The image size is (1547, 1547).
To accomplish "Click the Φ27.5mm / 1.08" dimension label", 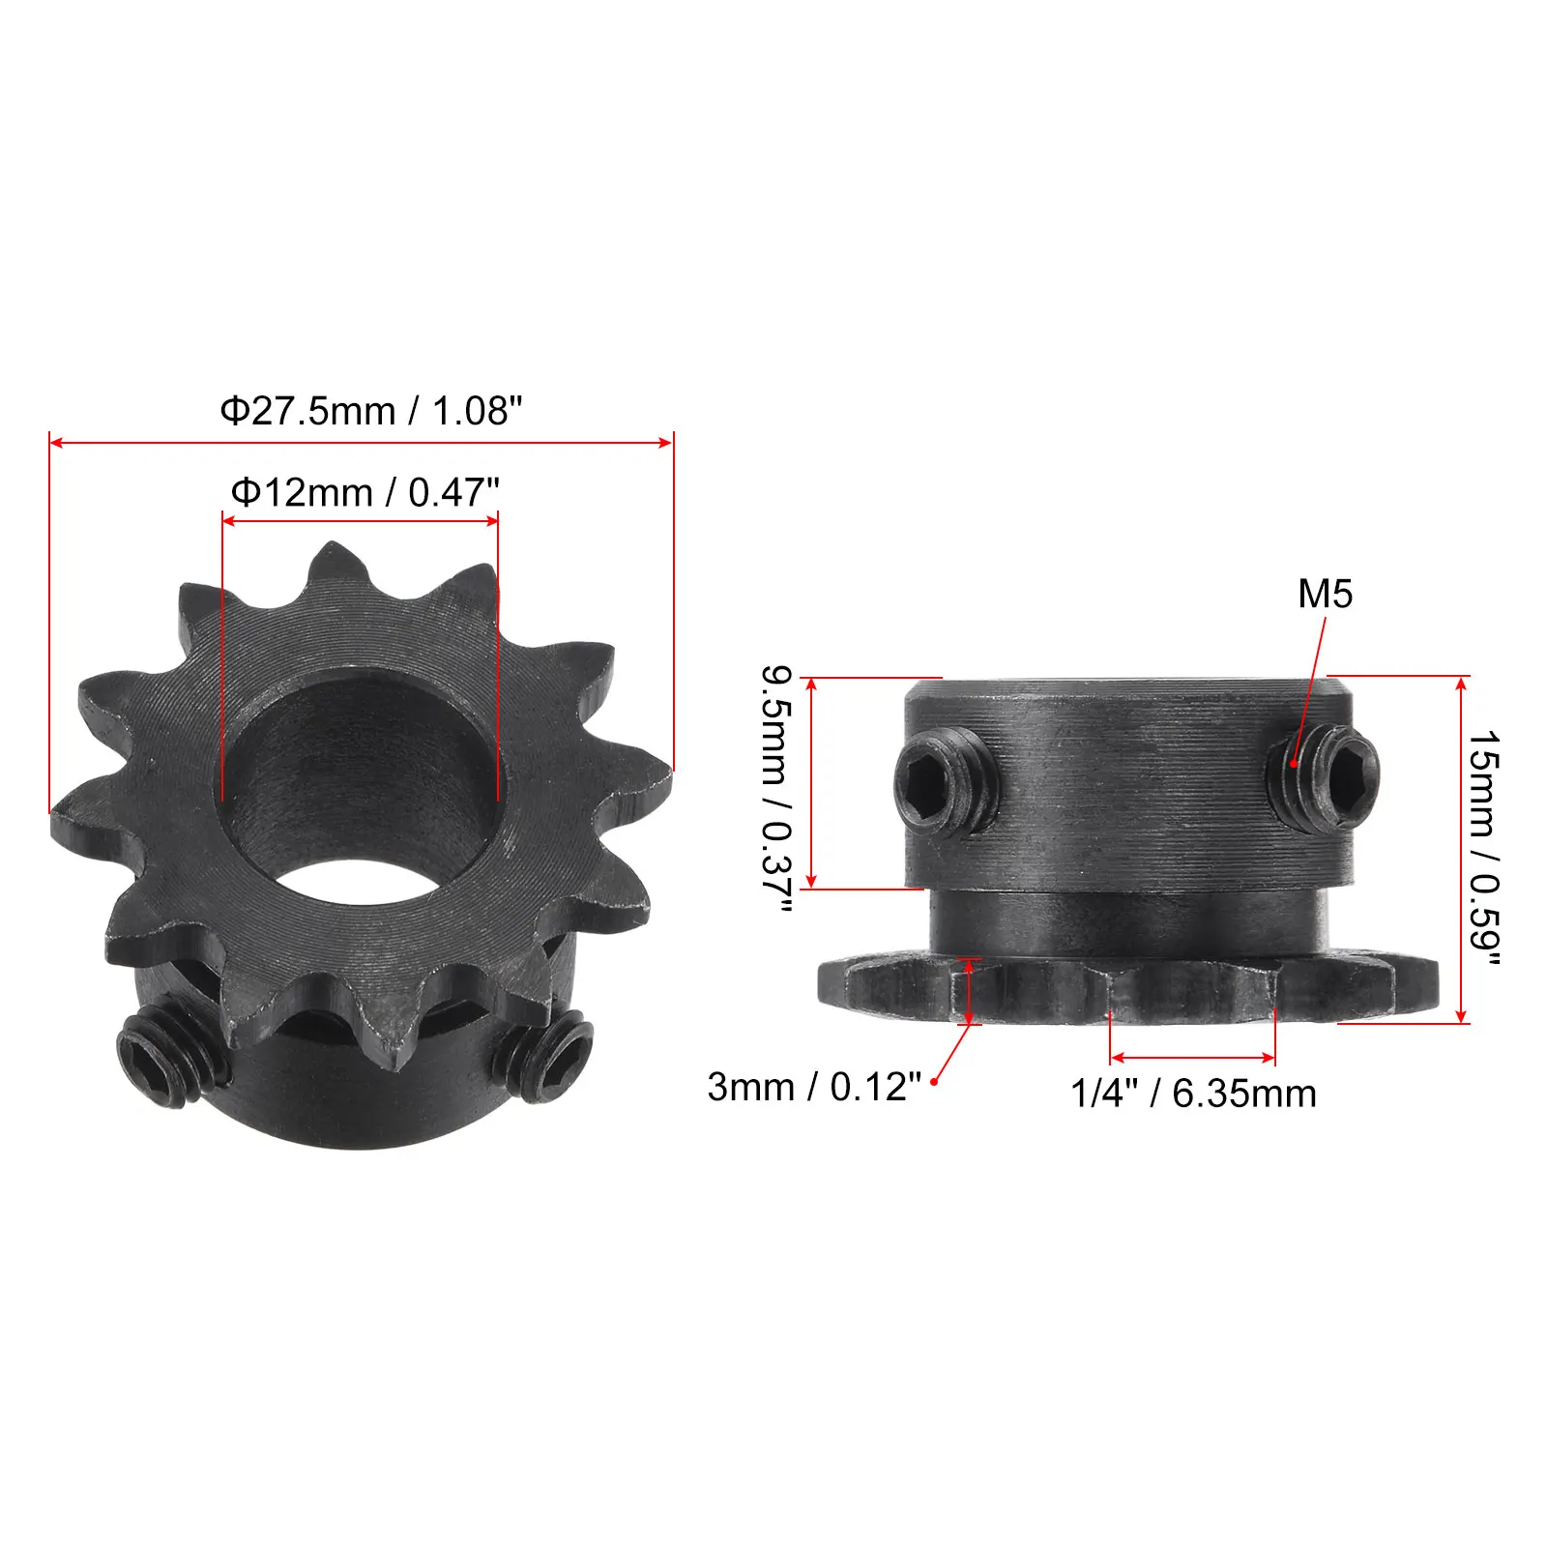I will [370, 412].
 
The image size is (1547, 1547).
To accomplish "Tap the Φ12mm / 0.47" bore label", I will [365, 493].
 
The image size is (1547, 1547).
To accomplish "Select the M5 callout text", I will [1325, 595].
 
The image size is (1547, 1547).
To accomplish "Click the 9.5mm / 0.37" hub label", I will [776, 788].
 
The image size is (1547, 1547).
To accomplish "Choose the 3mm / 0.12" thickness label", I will [814, 1087].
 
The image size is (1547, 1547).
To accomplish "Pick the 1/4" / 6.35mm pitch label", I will [1193, 1095].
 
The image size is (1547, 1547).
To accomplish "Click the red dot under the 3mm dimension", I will [933, 1081].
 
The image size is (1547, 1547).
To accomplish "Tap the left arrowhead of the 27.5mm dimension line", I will [54, 443].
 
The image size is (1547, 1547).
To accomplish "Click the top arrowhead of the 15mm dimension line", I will [1461, 683].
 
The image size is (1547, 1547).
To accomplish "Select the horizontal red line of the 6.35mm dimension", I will [1193, 1058].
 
